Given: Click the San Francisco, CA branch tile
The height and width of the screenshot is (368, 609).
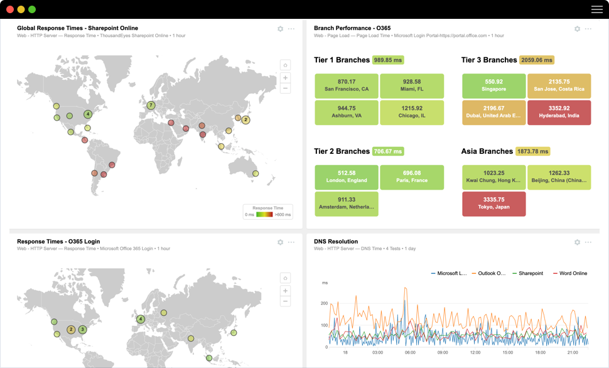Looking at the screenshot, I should [347, 85].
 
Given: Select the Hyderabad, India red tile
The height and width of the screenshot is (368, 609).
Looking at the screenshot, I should [559, 112].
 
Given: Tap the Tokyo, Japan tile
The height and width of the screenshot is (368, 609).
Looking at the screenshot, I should [493, 203].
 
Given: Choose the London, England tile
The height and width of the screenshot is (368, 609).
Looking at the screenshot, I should [347, 177].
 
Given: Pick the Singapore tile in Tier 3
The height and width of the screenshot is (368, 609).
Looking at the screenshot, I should [493, 85].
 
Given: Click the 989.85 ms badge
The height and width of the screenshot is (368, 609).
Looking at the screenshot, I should [387, 60].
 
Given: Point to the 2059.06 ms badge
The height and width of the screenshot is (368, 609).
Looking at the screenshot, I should [537, 60].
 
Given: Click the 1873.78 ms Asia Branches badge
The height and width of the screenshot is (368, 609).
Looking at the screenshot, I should [532, 151].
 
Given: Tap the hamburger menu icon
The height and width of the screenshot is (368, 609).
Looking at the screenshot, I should [596, 9].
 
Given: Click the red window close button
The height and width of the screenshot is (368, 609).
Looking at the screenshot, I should [10, 9].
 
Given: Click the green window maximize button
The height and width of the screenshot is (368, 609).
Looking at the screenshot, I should [32, 9].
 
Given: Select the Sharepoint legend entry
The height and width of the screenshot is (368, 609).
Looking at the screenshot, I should [527, 273].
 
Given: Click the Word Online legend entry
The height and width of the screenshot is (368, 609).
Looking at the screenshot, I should [569, 273].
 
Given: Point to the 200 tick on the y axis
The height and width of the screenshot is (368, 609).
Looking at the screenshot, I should [324, 303].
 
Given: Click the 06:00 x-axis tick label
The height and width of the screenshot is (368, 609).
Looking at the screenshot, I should [410, 353].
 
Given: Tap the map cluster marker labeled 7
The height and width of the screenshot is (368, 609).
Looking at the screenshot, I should [151, 106].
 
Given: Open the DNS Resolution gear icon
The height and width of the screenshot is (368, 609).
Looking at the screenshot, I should [577, 242].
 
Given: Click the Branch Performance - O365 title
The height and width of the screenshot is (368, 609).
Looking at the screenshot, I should [352, 28].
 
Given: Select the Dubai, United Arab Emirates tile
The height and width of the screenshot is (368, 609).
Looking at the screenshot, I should [493, 112].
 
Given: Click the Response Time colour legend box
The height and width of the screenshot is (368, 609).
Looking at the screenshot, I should [268, 212].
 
